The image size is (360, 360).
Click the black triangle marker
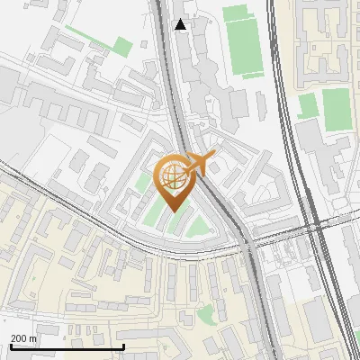point(181,24)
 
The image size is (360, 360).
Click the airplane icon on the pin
point(199,163)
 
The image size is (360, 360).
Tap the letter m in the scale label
point(34,338)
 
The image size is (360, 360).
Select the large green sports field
point(242,40)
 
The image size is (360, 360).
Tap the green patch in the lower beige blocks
point(208,314)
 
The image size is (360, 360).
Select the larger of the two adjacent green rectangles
point(336,109)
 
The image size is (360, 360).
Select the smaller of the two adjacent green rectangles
point(308,105)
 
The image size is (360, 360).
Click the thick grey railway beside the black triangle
point(168,54)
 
